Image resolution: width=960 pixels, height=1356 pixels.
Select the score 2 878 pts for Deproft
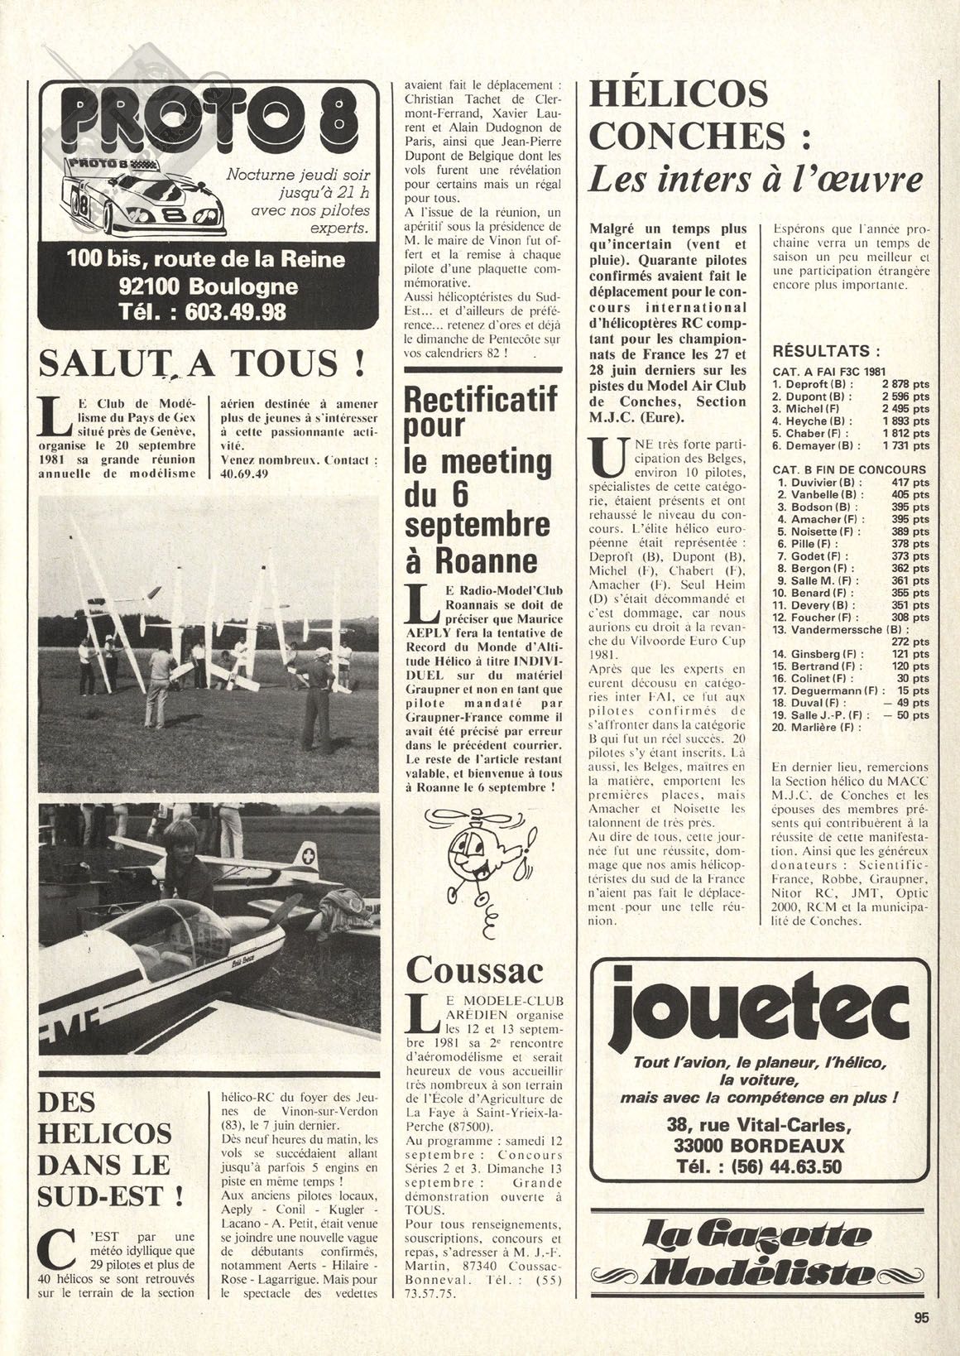coord(905,384)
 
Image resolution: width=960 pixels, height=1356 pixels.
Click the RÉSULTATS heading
coord(825,350)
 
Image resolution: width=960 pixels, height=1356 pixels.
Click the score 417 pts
coord(910,482)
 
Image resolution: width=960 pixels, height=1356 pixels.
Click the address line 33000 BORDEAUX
coord(758,1146)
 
